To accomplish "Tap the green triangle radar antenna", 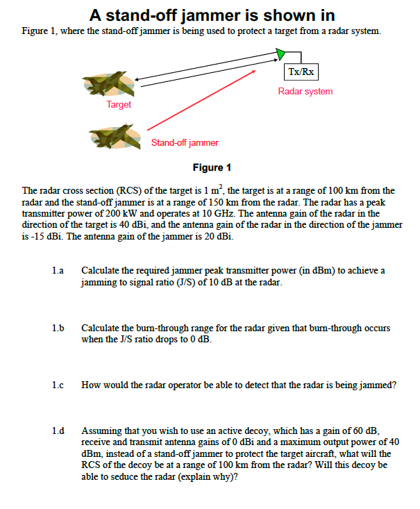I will [x=280, y=53].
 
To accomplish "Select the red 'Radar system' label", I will [x=305, y=91].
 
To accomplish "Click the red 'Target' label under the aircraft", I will [x=119, y=104].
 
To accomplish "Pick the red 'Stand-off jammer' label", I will [x=185, y=142].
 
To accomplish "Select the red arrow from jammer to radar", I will [x=201, y=102].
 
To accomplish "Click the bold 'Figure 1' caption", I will [x=211, y=167].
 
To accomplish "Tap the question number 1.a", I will [x=58, y=270].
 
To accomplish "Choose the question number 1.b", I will [x=58, y=328].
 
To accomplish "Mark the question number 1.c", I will [x=58, y=385].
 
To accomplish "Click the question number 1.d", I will [x=58, y=431].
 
